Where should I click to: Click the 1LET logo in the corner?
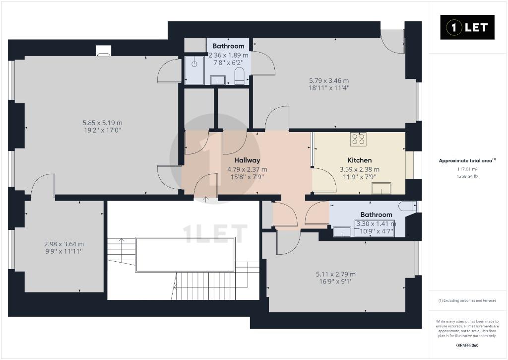point(467,27)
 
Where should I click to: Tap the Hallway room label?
point(247,160)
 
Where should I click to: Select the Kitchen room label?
point(360,160)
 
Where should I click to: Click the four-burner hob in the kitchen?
point(358,139)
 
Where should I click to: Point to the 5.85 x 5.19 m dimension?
point(103,123)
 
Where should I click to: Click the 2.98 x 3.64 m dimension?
point(64,244)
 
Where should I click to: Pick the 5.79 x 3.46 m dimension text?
point(329,81)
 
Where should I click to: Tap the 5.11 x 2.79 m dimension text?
point(336,274)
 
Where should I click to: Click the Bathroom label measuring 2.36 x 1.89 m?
point(228,46)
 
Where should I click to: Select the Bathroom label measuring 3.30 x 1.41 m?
point(376,215)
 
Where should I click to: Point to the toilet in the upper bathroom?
point(240,75)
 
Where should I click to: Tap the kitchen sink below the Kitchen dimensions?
point(381,188)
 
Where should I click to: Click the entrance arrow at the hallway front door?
point(205,199)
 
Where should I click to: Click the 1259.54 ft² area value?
point(467,176)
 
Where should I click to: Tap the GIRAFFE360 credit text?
point(467,345)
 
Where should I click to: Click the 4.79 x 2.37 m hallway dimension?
point(247,169)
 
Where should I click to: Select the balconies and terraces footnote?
point(467,300)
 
